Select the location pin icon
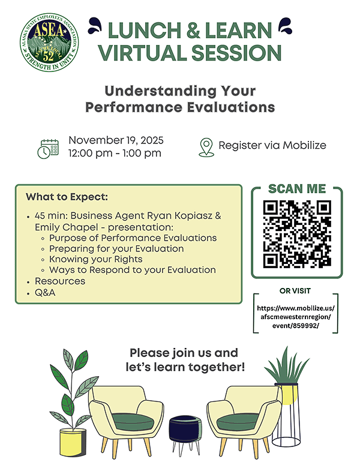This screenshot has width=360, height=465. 206,146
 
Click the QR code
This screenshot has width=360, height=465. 298,233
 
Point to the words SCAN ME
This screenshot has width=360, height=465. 297,189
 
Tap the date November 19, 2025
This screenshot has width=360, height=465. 116,140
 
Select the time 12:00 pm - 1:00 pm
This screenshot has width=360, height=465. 115,154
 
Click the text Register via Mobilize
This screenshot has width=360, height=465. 272,146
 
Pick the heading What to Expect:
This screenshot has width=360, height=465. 67,197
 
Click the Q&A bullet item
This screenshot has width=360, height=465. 45,293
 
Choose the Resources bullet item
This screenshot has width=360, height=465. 60,281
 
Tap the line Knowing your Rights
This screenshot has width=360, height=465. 96,259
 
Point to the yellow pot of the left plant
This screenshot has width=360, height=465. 73,442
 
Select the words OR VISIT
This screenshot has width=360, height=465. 295,291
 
